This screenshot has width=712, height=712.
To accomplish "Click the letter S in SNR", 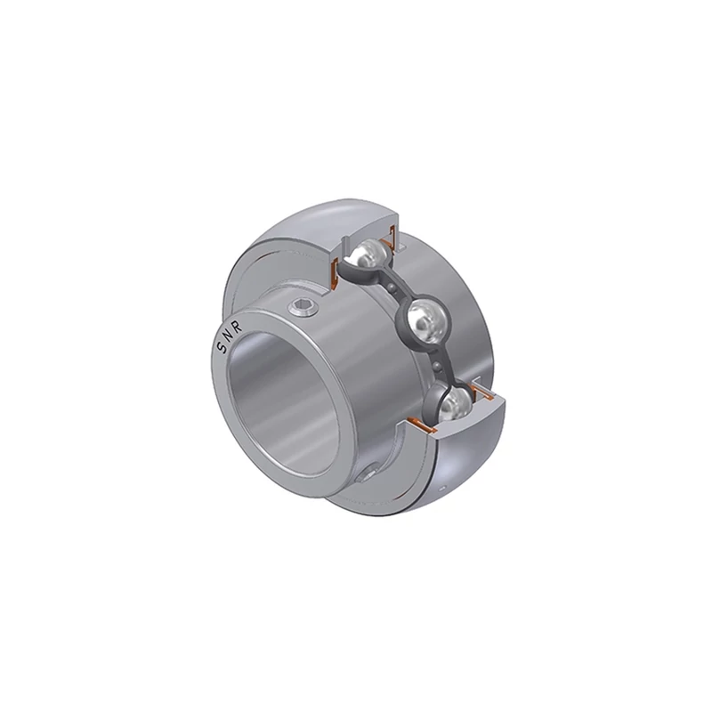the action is point(221,348).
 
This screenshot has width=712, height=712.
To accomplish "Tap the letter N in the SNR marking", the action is point(229,336).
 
